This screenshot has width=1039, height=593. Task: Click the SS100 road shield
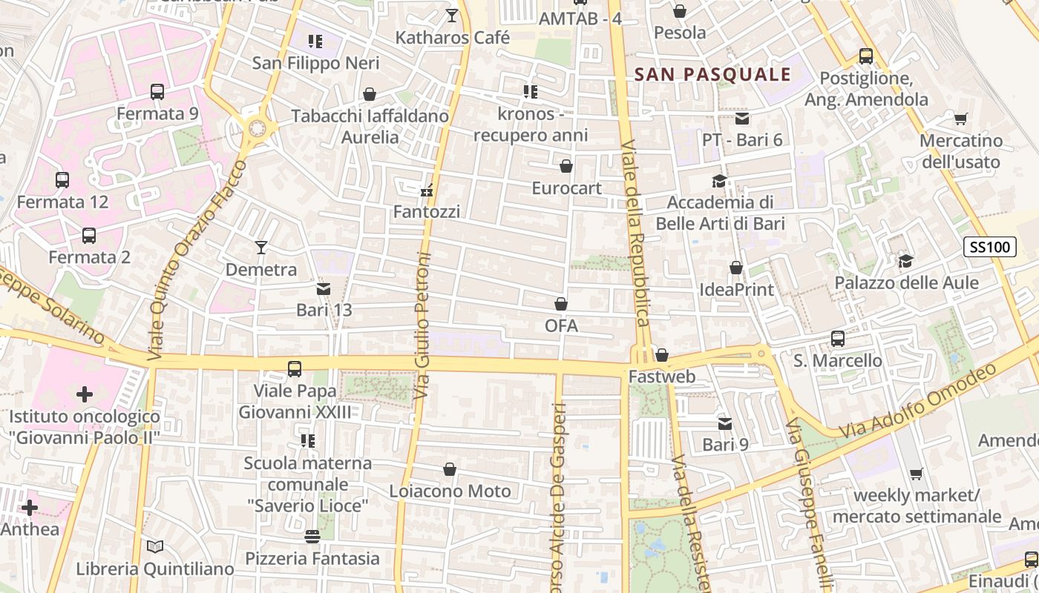click(991, 247)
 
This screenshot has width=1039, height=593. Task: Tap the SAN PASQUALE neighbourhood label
click(712, 74)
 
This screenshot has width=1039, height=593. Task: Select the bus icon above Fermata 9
click(157, 92)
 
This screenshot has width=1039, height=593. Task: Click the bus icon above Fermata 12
click(62, 180)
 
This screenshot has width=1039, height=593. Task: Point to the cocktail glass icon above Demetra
click(261, 248)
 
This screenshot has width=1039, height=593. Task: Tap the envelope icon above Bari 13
click(324, 288)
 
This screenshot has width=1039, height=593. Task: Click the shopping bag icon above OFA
click(561, 304)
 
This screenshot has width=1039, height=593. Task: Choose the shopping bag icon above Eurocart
click(566, 166)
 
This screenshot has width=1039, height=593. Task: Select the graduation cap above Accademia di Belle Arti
click(719, 181)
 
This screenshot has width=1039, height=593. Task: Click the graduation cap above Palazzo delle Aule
click(905, 261)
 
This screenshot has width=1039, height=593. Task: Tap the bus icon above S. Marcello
click(838, 339)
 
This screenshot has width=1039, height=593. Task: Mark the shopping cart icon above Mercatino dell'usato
click(960, 119)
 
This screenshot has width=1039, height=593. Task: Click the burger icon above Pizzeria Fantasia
click(312, 537)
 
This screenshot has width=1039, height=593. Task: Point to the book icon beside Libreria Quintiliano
click(154, 547)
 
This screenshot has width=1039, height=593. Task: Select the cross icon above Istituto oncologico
click(85, 394)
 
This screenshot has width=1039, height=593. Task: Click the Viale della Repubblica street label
click(637, 233)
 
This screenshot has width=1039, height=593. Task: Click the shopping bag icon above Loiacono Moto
click(450, 469)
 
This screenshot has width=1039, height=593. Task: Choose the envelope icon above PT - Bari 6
click(742, 119)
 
